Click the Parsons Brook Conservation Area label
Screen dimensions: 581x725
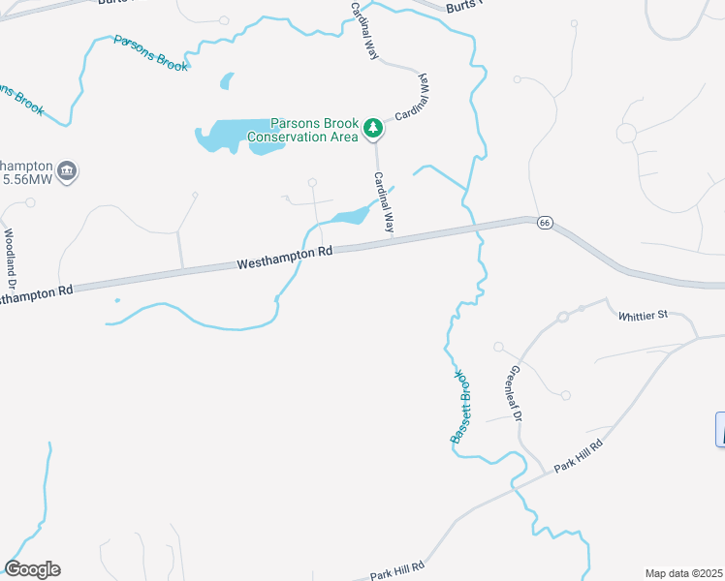[x=301, y=130]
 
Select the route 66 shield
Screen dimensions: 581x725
[x=544, y=223]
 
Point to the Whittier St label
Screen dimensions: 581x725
[x=643, y=315]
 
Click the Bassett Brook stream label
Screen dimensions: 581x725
[x=459, y=408]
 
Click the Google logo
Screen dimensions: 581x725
[x=32, y=569]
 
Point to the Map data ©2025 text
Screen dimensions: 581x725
[x=683, y=573]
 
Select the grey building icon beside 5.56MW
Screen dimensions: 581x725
[x=68, y=172]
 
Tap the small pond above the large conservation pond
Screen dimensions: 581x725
[x=227, y=80]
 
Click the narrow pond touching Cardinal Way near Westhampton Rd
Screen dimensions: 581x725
[x=349, y=216]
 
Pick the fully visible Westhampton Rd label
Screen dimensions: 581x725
[x=285, y=257]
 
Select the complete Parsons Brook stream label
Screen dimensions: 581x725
[x=151, y=54]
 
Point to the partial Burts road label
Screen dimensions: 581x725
[x=463, y=7]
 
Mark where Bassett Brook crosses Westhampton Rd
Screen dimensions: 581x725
[x=476, y=229]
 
